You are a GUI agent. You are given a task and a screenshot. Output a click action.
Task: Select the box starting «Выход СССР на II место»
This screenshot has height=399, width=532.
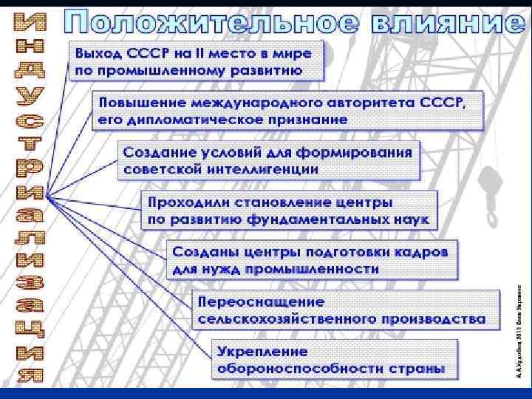(x=196, y=61)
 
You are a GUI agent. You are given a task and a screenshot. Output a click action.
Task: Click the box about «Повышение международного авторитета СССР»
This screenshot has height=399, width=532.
(x=289, y=109)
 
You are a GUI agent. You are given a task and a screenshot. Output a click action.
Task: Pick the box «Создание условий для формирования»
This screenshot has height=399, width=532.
(x=267, y=160)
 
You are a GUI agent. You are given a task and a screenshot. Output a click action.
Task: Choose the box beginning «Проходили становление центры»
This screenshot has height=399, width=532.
(x=289, y=210)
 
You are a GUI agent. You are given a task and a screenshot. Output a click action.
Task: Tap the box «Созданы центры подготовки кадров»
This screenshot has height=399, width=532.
(x=310, y=260)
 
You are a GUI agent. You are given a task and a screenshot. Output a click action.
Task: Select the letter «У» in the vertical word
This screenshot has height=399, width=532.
(x=29, y=96)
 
